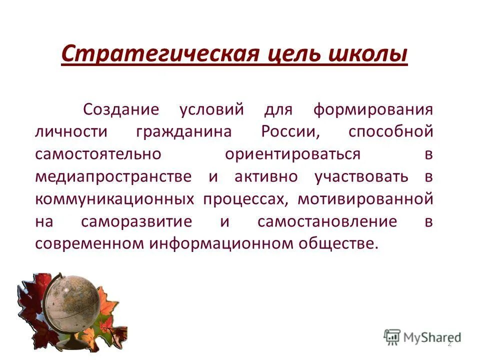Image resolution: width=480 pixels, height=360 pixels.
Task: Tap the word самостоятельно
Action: point(98,154)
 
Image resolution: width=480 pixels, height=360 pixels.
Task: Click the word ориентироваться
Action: point(292,154)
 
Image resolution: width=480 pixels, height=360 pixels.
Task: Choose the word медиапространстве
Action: point(113,177)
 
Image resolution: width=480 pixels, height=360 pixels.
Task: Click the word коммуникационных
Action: point(114,199)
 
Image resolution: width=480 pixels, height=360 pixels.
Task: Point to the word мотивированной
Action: point(365,199)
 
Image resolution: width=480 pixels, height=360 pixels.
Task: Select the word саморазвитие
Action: point(136,221)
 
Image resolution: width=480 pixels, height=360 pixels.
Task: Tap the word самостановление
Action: point(327,221)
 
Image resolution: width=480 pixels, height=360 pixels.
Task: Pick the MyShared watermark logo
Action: point(422,336)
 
